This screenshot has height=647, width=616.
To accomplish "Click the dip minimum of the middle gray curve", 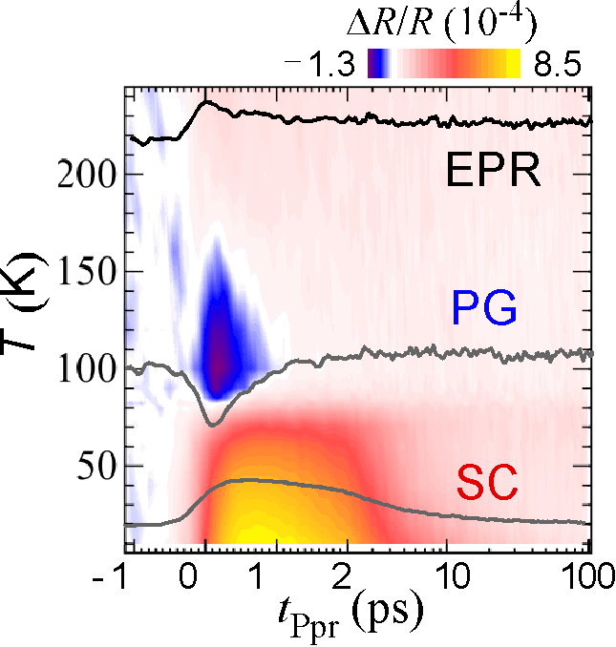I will pos(214,422).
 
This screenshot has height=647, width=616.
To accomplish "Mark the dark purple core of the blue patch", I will pos(219,358).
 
